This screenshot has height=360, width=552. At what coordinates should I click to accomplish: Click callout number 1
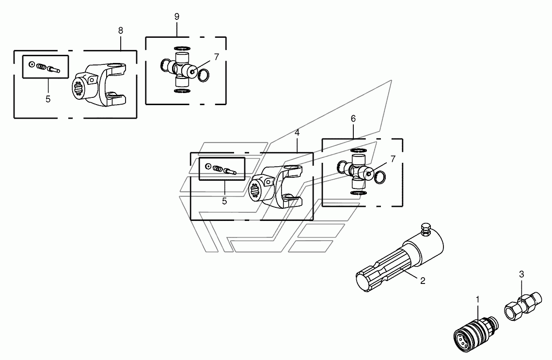coord(477,300)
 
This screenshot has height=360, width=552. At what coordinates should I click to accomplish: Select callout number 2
coord(423,281)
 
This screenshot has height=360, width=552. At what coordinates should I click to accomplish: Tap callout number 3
coord(521,274)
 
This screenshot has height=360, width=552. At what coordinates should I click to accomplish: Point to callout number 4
coord(297,132)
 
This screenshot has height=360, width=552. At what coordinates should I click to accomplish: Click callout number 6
coord(353,119)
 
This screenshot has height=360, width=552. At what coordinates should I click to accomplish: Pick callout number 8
coord(120,30)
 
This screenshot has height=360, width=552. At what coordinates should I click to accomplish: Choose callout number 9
coord(177,16)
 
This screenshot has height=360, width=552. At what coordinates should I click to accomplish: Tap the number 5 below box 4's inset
coord(224,201)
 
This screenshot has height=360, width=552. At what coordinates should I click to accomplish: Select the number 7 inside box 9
coord(216,57)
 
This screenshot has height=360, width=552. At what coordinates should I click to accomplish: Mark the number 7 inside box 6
coord(393,158)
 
